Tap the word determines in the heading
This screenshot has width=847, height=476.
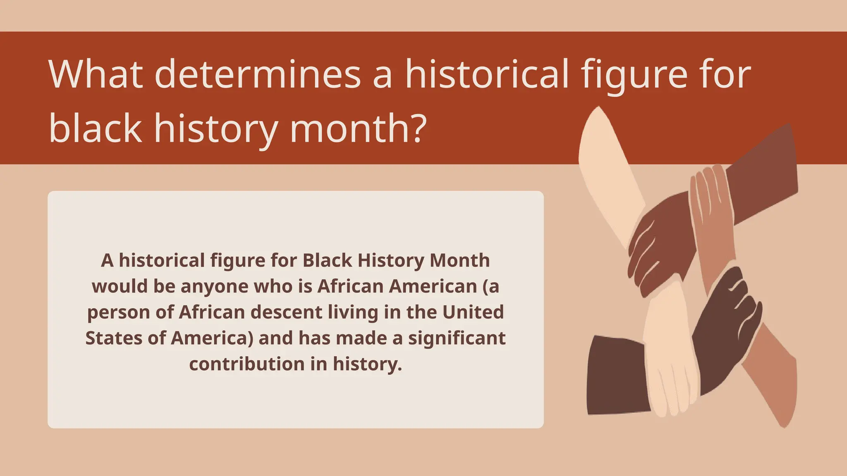(258, 74)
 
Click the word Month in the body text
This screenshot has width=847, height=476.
(459, 260)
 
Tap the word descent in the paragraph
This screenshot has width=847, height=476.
(286, 312)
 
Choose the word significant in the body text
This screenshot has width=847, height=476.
(457, 338)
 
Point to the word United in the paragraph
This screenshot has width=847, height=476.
(473, 312)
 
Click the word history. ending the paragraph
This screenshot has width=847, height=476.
(367, 364)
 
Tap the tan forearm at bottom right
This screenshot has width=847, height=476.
(773, 380)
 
